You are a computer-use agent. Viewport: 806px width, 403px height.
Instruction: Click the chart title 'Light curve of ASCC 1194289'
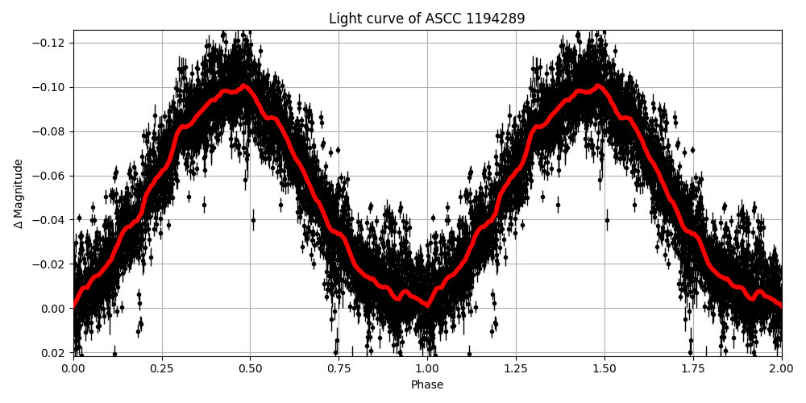coord(426,19)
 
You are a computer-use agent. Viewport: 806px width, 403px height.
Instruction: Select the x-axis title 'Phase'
coord(426,385)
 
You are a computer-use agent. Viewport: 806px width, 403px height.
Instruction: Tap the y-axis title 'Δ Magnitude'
coord(19,193)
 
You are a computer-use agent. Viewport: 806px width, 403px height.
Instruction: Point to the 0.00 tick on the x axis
coord(73,369)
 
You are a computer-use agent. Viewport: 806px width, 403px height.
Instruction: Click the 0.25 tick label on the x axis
coord(162,369)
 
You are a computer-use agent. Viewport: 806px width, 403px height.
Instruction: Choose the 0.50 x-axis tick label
coord(250,369)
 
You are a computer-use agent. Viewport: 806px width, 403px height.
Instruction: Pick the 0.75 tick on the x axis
coord(339,369)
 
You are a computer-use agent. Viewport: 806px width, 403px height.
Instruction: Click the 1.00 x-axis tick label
coord(427,369)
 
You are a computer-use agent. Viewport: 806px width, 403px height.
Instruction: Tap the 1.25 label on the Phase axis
coord(516,369)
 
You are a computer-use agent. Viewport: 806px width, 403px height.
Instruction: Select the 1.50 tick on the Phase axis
coord(604,369)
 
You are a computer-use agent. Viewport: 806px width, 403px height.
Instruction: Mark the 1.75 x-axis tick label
coord(693,369)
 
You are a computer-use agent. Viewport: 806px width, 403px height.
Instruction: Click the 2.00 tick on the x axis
coord(781,369)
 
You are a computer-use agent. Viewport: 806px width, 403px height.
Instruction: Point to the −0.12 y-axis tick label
coord(52,43)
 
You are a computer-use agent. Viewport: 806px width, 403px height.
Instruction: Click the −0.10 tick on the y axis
coord(52,87)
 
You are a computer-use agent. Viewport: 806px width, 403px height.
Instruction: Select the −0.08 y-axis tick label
coord(52,131)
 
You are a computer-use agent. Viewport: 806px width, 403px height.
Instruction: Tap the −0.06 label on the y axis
coord(52,176)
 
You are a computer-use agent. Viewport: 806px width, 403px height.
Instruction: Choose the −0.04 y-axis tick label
coord(52,220)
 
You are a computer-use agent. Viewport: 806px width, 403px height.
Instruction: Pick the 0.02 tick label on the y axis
coord(56,353)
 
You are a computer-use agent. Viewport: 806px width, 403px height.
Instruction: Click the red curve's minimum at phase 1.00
coord(427,306)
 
